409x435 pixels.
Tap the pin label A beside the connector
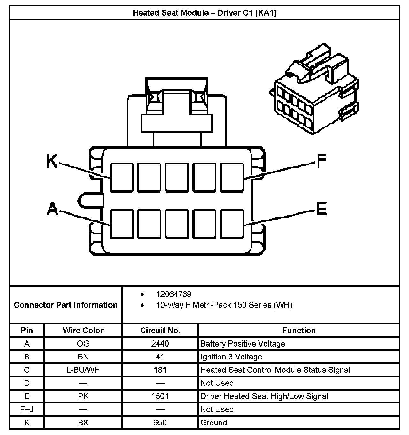tap(52, 209)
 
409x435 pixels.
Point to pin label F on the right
tap(321, 161)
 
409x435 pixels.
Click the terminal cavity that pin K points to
tap(122, 178)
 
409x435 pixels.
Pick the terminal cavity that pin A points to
tap(122, 224)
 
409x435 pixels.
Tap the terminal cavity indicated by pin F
tap(232, 178)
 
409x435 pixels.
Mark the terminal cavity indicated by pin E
tap(232, 224)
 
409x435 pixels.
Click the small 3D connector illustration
tap(315, 89)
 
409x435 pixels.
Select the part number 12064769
tap(174, 294)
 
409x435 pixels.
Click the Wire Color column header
tap(83, 330)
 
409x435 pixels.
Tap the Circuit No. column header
tap(160, 330)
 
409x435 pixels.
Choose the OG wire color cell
tap(83, 344)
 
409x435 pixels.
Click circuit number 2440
tap(160, 344)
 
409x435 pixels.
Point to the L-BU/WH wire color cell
tap(83, 370)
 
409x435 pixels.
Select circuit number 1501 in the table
tap(160, 396)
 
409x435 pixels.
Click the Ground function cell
tap(213, 423)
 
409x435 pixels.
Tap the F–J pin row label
tap(27, 409)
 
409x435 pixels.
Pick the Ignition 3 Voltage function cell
tap(231, 357)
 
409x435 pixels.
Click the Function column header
tap(299, 330)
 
